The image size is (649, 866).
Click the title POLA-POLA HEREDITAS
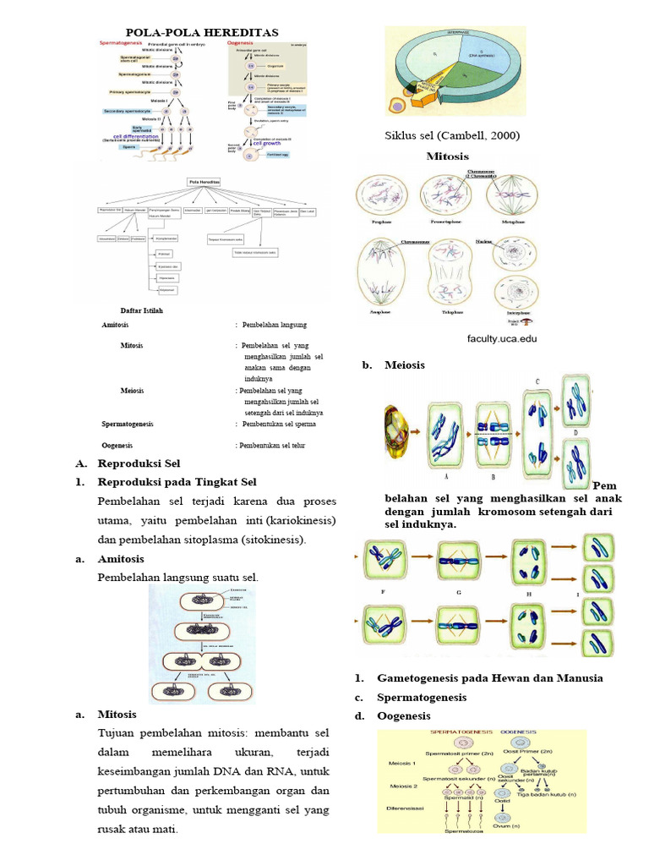(202, 31)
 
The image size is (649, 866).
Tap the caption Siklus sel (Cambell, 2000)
(452, 135)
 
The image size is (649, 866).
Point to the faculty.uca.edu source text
(502, 338)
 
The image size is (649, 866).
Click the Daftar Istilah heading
(141, 310)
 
